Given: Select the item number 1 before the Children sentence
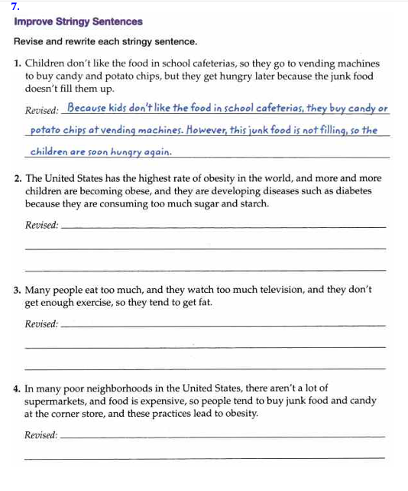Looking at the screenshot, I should (18, 64).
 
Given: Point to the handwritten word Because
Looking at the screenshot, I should (88, 109).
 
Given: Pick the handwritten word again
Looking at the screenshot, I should (154, 151).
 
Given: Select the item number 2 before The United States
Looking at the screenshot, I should (18, 178).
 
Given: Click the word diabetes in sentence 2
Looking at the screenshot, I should (351, 191).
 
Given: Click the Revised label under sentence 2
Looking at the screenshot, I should (41, 226).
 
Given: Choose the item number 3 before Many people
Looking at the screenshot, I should (18, 291).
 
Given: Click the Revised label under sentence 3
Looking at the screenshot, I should (41, 324).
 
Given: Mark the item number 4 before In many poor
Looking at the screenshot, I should (18, 389).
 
